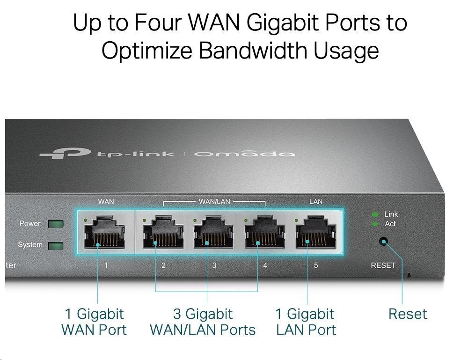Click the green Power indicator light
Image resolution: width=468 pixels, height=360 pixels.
click(x=56, y=224)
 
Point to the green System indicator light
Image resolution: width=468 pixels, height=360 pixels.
click(x=56, y=245)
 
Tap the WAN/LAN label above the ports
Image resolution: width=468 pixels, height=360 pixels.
click(x=214, y=202)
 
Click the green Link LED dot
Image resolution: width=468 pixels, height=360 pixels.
click(x=375, y=214)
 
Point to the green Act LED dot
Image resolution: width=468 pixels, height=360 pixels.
click(x=375, y=224)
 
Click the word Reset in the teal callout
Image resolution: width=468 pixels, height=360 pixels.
click(x=408, y=314)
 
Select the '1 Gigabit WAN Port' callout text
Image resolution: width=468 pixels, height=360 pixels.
click(x=94, y=322)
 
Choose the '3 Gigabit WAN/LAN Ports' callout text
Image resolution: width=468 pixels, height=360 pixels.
click(x=203, y=322)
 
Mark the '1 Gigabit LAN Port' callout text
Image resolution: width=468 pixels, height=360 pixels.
click(x=306, y=322)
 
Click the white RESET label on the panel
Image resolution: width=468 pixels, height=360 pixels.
click(x=383, y=265)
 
